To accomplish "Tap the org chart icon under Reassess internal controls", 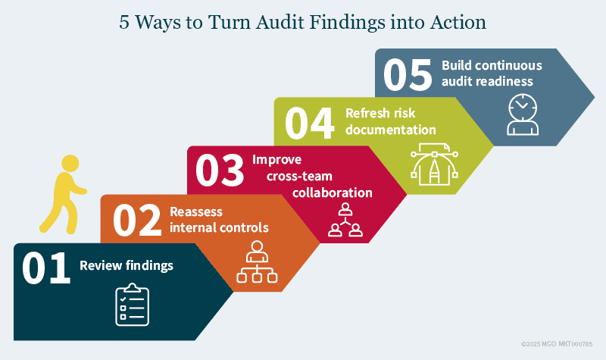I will (x=255, y=261).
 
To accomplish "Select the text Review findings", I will (x=127, y=265).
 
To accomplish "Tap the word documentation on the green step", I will (x=391, y=130).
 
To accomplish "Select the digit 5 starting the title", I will (x=124, y=22).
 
